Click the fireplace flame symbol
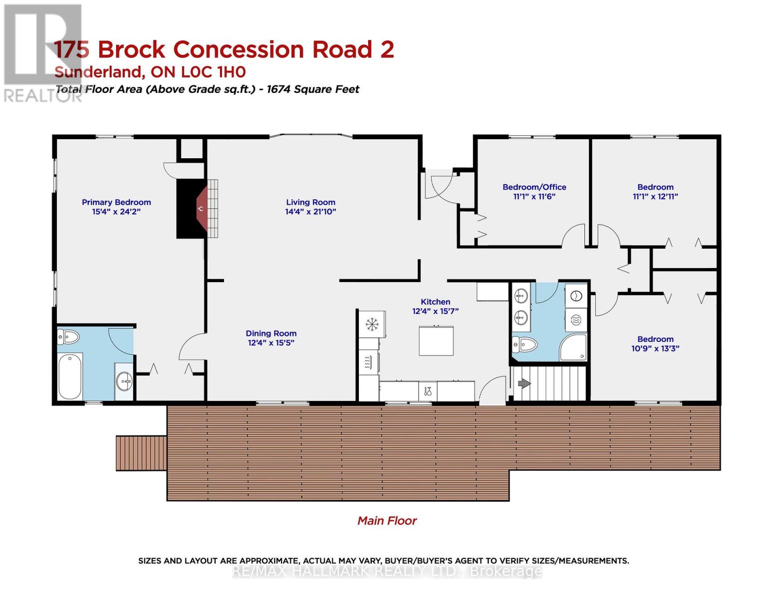[201, 208]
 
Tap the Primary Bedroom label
[116, 202]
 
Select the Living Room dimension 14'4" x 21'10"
[310, 212]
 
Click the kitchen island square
[436, 341]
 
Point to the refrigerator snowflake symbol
[372, 324]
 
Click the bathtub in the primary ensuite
[70, 377]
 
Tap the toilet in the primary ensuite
[68, 337]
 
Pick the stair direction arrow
[524, 383]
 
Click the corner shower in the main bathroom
[573, 347]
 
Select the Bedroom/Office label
[534, 187]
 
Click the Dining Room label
[271, 333]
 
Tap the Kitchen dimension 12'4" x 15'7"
[435, 311]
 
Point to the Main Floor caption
[387, 521]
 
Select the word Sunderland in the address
[99, 72]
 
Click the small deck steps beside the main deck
[141, 453]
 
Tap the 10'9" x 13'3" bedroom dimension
[655, 348]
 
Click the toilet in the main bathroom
[524, 344]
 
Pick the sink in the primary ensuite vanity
[124, 381]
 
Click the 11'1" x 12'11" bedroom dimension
[655, 196]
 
